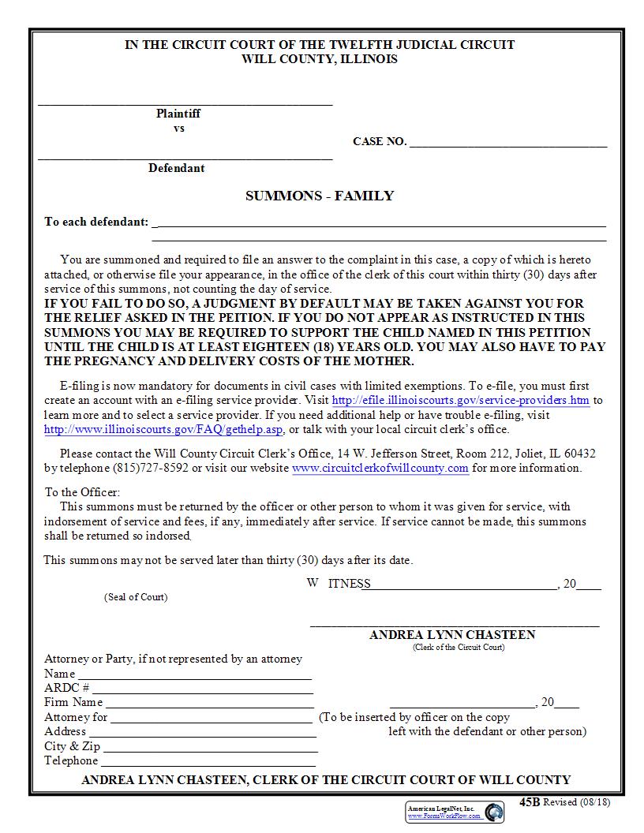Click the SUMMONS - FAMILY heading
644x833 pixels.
[320, 196]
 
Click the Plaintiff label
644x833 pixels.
[178, 114]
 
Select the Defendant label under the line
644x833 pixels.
[176, 168]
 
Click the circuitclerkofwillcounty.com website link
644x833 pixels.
[380, 468]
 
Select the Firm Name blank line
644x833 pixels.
[209, 704]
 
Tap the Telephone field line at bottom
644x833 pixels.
[208, 763]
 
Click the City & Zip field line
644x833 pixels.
[209, 748]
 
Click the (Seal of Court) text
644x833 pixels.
[136, 597]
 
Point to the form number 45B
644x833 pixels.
[529, 801]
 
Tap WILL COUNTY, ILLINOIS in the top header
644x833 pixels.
[320, 59]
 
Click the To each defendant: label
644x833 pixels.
[96, 222]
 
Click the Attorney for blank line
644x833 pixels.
[211, 719]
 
